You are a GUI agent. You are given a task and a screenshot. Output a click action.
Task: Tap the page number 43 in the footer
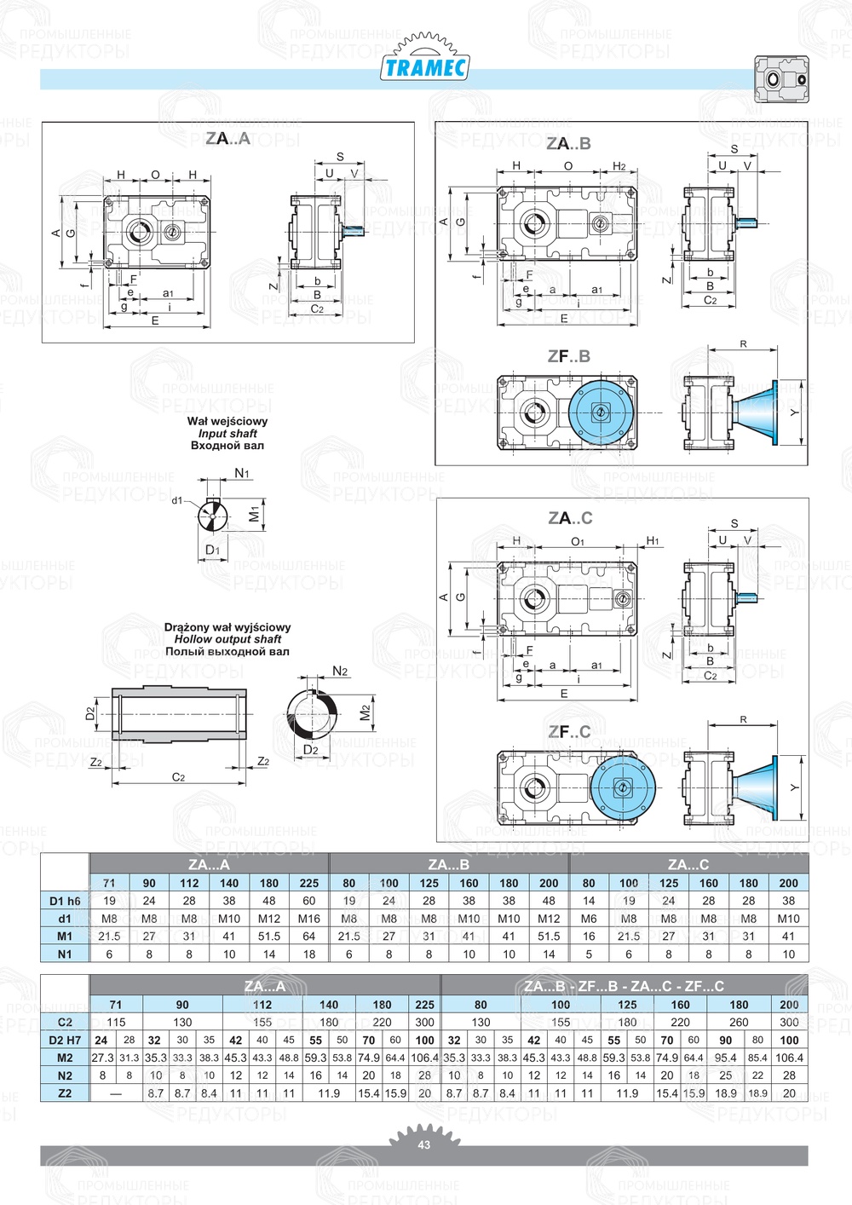[424, 1144]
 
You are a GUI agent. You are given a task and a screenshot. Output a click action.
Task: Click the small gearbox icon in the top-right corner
[780, 79]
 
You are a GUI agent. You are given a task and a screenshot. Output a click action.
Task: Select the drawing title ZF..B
[569, 356]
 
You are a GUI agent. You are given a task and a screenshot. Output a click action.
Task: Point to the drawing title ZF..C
[569, 731]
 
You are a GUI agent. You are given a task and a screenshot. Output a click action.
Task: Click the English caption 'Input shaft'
[227, 433]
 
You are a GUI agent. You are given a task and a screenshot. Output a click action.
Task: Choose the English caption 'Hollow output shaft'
[227, 639]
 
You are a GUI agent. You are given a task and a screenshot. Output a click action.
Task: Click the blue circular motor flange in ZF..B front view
[601, 413]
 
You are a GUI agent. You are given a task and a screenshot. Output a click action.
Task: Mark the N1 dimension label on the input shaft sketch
[242, 474]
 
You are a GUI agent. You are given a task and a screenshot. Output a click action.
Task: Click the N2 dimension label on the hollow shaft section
[340, 672]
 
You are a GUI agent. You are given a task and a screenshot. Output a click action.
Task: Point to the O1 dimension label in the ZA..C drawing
[578, 541]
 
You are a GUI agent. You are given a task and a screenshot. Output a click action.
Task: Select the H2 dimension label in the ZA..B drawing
[619, 166]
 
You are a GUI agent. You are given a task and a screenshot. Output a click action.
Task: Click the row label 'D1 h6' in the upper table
[65, 901]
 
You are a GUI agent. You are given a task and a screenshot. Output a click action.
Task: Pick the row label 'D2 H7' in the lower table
[65, 1040]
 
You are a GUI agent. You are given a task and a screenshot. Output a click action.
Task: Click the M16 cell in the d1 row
[309, 919]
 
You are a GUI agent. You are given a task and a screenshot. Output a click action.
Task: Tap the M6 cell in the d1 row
[589, 919]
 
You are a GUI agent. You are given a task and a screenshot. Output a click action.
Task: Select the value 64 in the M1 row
[309, 936]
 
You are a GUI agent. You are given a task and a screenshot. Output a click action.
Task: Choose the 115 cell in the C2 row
[116, 1022]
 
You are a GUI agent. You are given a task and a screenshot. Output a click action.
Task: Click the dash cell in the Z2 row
[116, 1093]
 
